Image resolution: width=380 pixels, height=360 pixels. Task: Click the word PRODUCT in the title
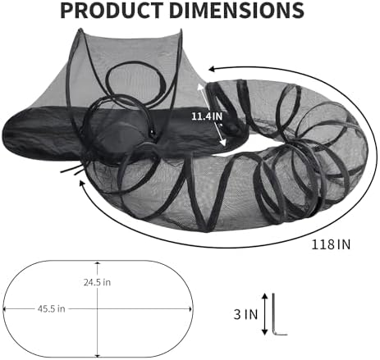(x=112, y=10)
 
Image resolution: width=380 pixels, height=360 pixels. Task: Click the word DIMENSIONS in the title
(x=236, y=10)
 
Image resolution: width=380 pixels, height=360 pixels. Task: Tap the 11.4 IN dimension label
(x=207, y=116)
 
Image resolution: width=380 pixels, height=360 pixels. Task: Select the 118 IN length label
(x=331, y=244)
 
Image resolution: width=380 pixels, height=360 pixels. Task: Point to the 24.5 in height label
(x=97, y=282)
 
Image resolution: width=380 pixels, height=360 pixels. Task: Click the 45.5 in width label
(x=52, y=309)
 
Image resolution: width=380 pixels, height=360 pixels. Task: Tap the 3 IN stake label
(x=245, y=314)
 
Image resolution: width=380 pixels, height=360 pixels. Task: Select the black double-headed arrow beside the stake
(x=264, y=314)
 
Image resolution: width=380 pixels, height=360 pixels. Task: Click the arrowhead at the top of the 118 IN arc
(x=213, y=69)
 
